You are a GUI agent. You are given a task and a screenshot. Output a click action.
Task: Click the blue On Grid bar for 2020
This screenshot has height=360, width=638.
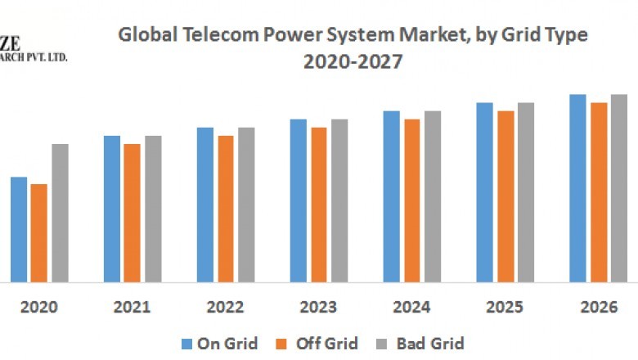(19, 229)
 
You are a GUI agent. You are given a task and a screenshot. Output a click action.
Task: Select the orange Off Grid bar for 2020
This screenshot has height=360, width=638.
(39, 232)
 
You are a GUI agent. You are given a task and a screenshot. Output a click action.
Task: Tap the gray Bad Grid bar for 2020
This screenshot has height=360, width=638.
(60, 213)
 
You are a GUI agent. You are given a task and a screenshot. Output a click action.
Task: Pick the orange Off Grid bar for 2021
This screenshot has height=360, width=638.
(132, 213)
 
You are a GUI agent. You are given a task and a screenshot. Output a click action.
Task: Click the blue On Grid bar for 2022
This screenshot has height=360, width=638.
(204, 205)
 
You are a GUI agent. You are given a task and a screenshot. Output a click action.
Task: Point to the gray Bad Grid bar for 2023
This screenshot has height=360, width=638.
(339, 200)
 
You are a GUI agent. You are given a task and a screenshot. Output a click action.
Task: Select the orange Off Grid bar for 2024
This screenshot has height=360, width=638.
(412, 200)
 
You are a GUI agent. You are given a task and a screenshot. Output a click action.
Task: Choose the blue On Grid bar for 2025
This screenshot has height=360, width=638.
(485, 192)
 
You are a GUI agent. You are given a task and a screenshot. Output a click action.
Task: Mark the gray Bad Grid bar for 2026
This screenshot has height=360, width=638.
(619, 188)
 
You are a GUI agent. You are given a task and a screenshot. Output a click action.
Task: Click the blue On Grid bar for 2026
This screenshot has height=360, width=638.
(578, 188)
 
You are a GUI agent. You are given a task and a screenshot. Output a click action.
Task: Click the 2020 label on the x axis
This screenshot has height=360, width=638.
(38, 308)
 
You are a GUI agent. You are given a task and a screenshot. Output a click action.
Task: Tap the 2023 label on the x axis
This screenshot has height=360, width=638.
(318, 308)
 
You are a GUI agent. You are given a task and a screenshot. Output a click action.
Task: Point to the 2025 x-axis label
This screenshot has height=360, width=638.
(505, 308)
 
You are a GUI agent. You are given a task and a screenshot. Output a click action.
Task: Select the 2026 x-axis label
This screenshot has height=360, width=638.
(598, 308)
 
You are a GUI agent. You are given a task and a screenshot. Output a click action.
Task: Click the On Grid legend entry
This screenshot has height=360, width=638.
(218, 343)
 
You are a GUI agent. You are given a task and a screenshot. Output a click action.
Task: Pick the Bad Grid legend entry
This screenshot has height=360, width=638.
(420, 343)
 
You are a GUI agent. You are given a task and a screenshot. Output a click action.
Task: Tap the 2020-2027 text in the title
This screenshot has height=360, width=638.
(353, 61)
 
